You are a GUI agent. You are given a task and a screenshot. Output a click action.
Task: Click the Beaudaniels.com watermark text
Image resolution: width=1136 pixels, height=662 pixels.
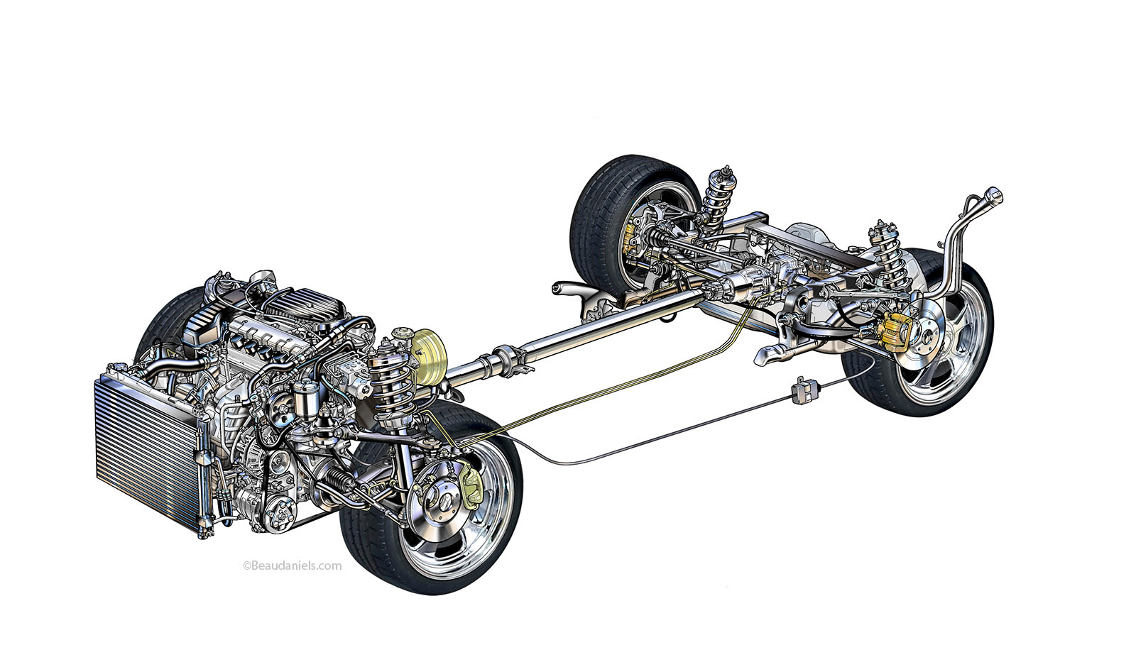293,566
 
